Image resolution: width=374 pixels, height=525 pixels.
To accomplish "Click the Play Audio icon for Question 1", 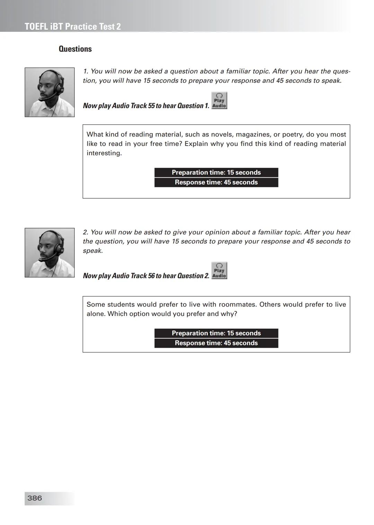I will coord(219,101).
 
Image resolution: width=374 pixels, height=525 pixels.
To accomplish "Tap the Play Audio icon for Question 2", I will coord(219,271).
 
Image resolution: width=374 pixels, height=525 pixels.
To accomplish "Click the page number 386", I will coord(35,498).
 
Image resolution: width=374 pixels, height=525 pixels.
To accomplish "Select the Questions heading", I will coord(75,49).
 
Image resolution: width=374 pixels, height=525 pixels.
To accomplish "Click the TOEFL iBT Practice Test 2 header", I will coord(73,27).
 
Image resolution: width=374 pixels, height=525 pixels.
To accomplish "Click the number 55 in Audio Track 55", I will coord(151,106).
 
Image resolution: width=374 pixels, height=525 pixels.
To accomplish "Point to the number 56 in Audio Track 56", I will coord(151,276).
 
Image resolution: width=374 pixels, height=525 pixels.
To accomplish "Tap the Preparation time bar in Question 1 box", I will coord(216,172).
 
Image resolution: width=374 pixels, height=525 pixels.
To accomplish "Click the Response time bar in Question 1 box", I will coord(216,182).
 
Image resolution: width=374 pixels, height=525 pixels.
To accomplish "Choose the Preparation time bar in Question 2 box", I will coord(216,333).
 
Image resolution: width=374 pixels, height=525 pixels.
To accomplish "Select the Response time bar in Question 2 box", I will coord(216,343).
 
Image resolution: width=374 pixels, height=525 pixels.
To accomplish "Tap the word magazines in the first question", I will coord(251,134).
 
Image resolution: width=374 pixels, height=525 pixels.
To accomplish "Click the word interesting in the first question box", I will coord(104,153).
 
